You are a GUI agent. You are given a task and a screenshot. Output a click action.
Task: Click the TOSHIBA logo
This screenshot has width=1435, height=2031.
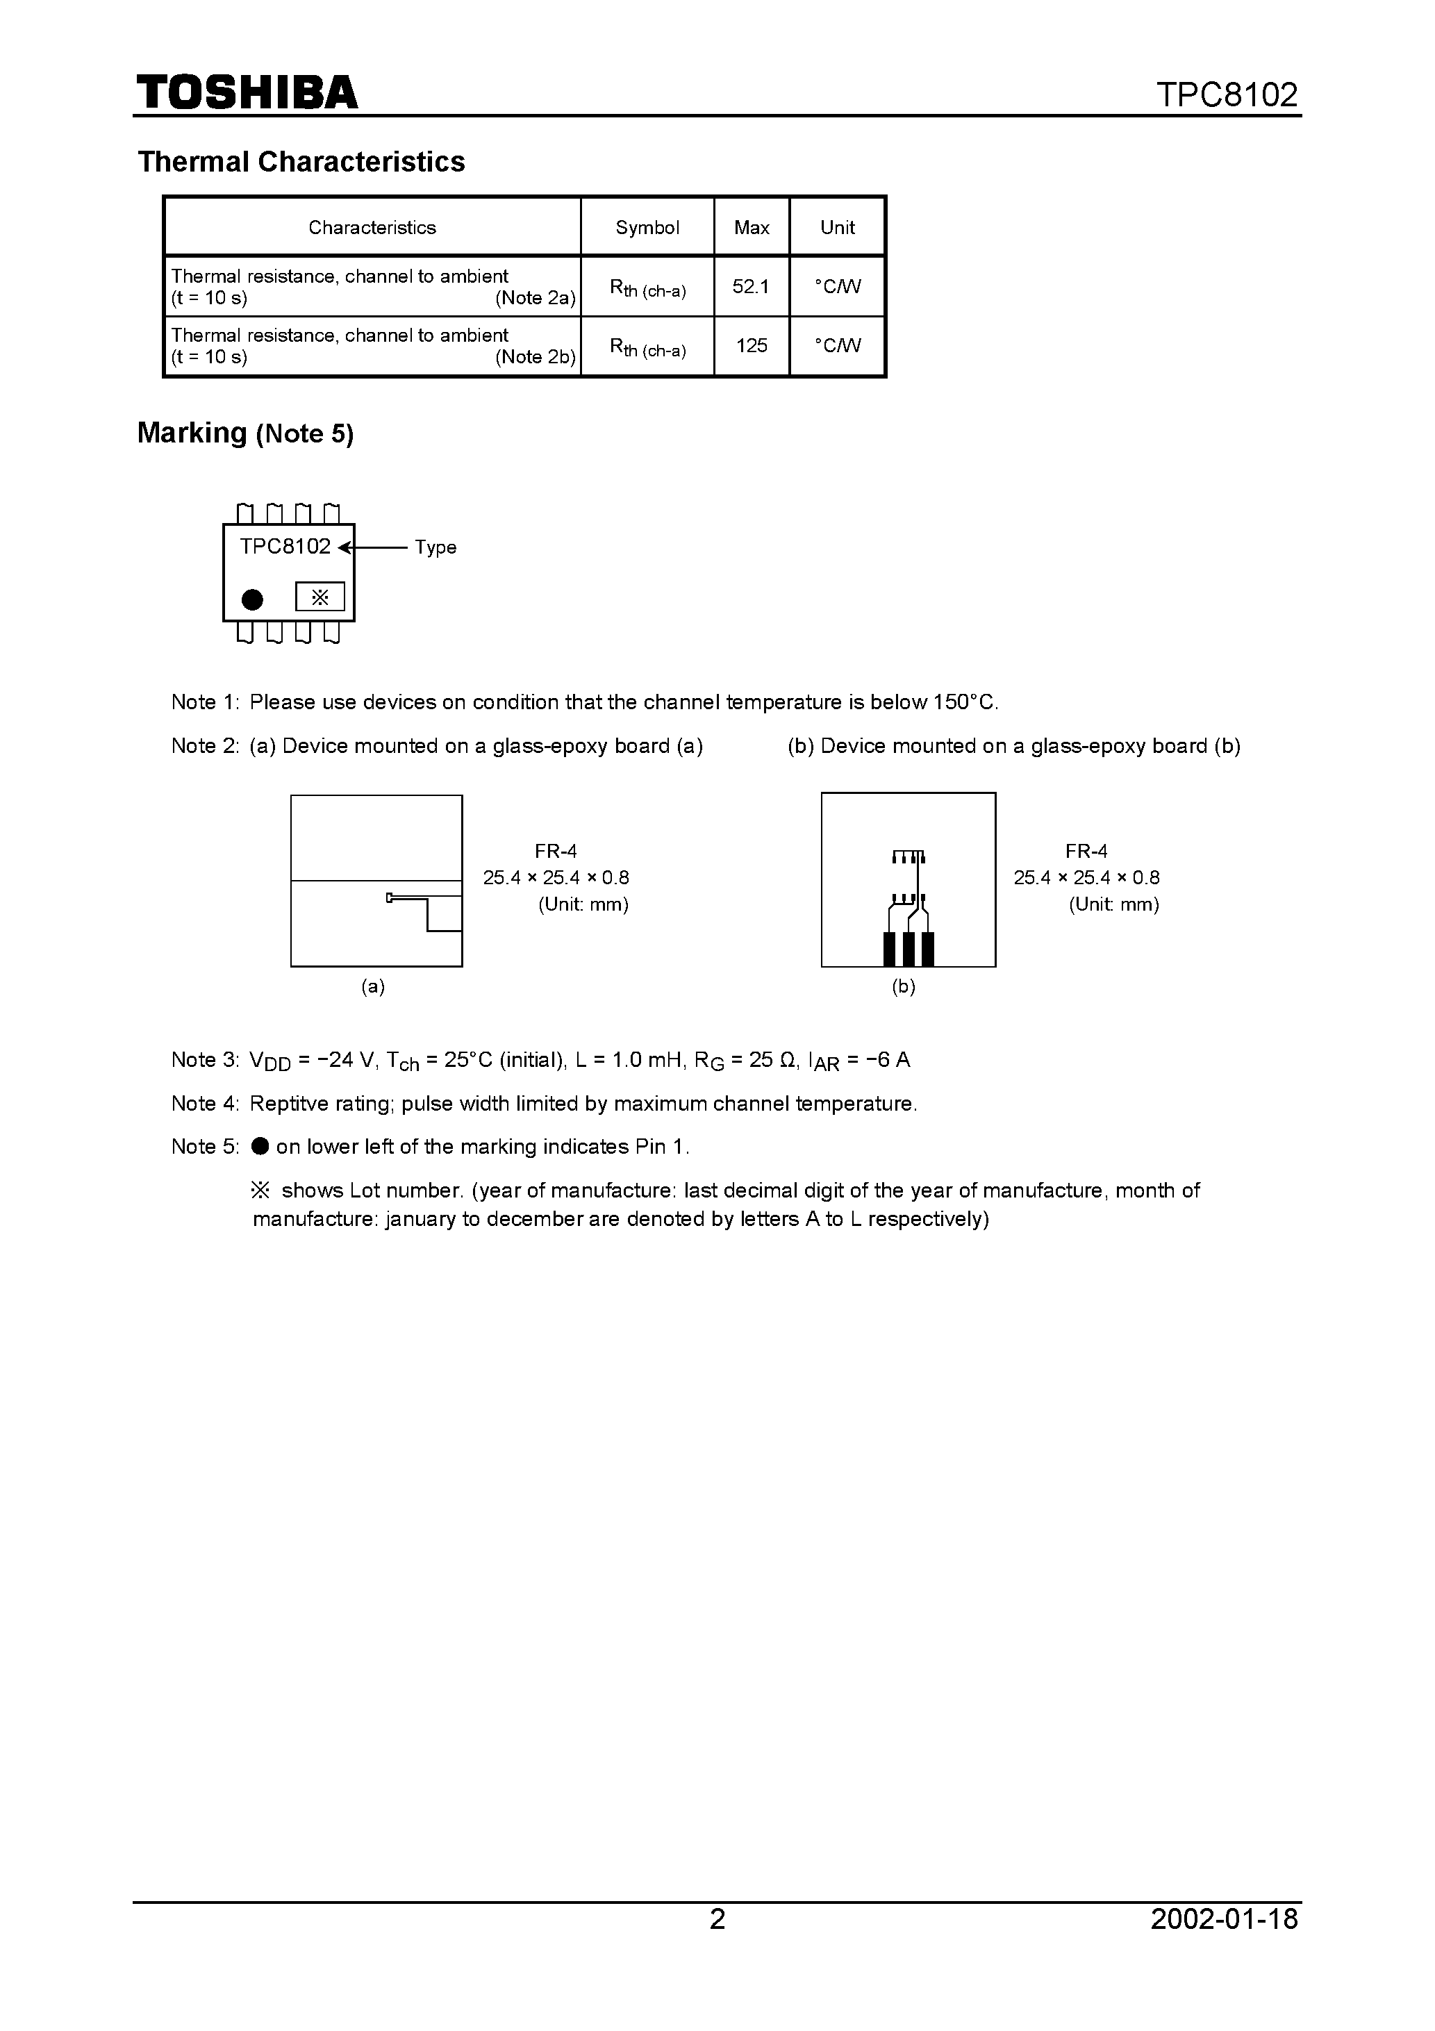247,92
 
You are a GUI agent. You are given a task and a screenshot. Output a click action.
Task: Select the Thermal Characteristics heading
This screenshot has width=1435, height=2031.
301,162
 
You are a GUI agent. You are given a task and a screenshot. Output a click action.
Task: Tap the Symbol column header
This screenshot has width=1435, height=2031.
647,227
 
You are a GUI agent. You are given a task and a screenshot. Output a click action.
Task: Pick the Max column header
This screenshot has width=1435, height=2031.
751,227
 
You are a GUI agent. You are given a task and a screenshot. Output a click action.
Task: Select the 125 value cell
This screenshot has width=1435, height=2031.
751,346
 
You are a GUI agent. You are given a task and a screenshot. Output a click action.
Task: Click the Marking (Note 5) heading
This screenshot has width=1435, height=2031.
245,433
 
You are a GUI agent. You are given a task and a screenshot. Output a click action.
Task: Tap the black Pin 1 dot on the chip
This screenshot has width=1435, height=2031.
252,599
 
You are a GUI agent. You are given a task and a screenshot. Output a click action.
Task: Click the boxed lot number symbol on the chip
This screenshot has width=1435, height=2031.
320,597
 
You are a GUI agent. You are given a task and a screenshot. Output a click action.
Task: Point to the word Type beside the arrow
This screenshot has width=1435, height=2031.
436,547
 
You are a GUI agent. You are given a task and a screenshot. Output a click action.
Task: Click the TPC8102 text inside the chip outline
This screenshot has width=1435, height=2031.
285,547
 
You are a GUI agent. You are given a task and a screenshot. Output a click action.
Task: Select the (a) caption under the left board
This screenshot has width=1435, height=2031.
372,986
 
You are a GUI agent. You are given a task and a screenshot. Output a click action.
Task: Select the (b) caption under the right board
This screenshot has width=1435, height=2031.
903,986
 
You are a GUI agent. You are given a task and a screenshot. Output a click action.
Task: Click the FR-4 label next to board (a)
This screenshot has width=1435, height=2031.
556,851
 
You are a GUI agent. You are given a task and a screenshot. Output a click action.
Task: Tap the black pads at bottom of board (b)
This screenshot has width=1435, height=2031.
908,948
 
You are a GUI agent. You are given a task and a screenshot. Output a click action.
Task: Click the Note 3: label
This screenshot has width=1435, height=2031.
204,1060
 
